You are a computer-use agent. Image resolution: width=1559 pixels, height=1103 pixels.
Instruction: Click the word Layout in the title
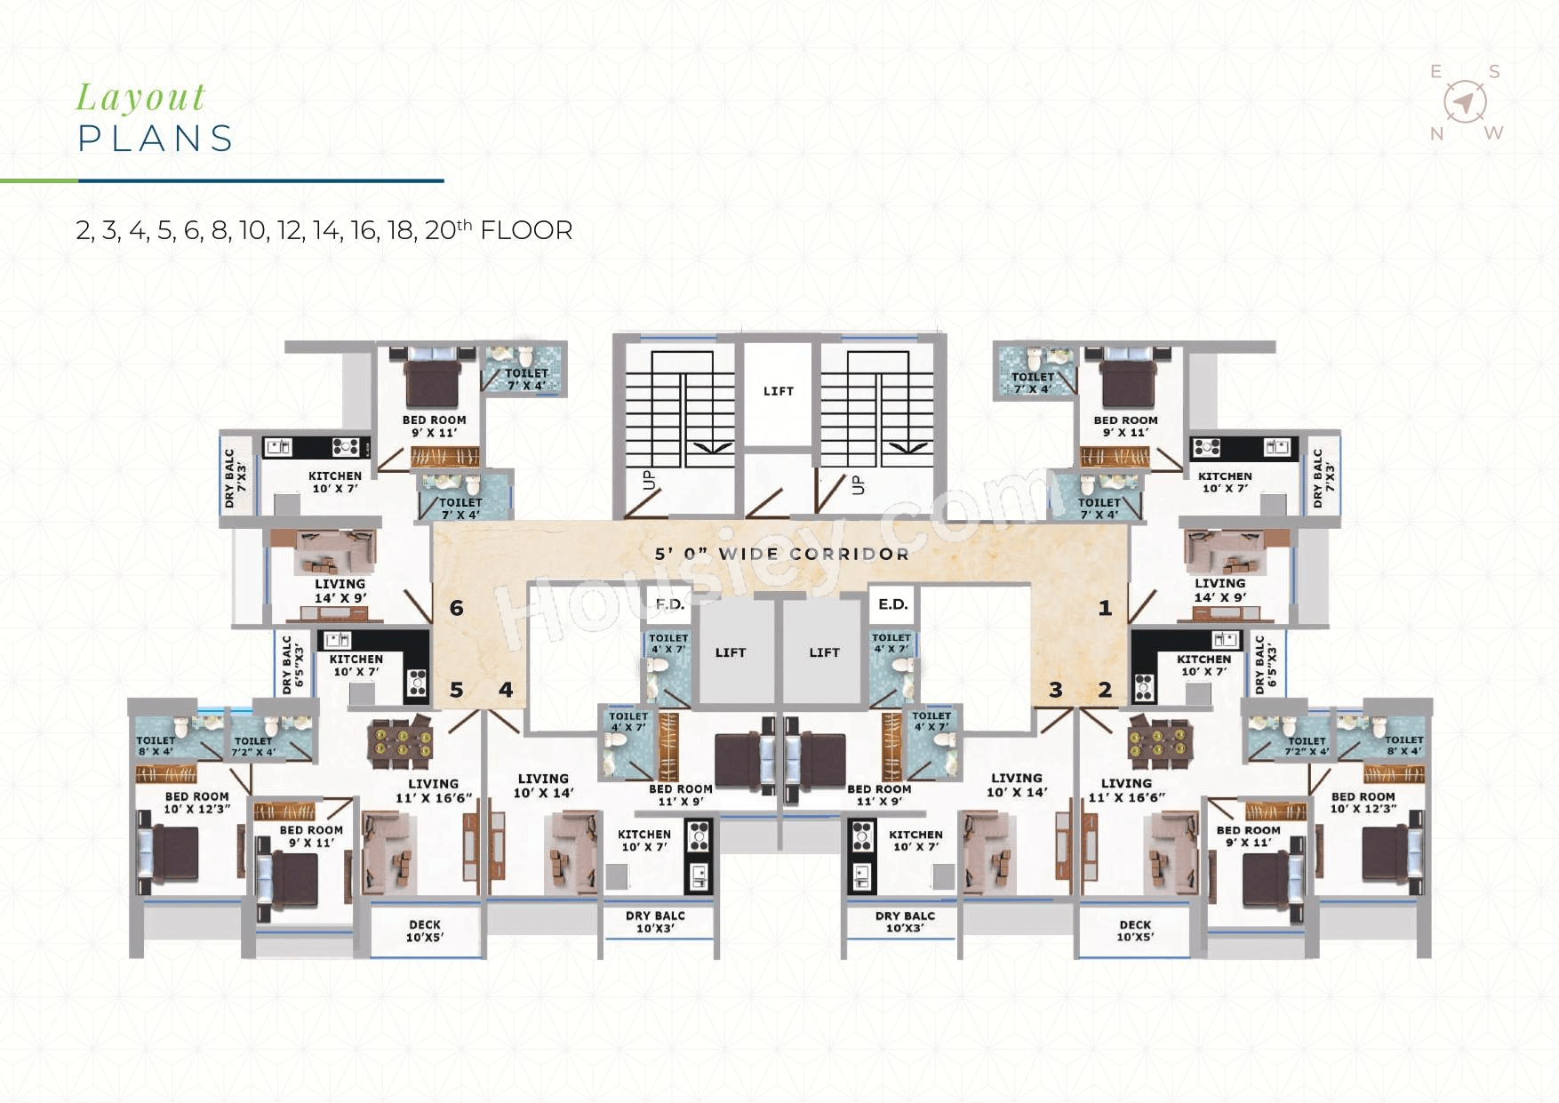point(140,98)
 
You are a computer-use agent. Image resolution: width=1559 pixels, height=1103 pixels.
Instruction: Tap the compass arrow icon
point(1466,101)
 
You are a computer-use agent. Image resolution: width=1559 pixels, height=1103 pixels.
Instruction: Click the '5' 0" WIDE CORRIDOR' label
point(782,554)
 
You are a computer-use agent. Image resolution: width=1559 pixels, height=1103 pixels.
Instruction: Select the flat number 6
point(457,608)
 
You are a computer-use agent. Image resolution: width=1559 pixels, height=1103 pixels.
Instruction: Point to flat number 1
point(1105,608)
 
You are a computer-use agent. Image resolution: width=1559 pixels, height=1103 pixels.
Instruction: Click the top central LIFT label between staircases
point(779,391)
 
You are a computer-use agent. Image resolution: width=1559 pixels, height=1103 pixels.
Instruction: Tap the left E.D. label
point(670,604)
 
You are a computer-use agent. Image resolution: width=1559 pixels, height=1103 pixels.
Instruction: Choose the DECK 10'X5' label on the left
point(425,931)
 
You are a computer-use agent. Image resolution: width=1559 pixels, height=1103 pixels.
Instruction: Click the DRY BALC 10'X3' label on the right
point(905,922)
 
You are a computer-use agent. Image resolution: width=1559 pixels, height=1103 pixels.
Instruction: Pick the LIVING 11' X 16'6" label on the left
point(434,790)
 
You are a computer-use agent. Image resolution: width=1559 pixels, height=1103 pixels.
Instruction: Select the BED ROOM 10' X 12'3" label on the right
point(1363,803)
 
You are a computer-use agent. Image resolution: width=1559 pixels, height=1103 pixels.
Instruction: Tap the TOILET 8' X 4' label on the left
point(156,746)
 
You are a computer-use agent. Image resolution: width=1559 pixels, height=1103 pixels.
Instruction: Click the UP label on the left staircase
point(648,480)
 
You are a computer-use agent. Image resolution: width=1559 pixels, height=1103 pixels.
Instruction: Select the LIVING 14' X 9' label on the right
point(1220,590)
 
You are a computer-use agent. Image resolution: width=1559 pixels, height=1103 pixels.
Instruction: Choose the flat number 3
point(1056,690)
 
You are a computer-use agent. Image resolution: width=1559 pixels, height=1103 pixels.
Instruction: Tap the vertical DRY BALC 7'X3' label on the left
point(236,478)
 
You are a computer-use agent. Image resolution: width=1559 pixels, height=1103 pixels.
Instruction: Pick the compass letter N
point(1437,134)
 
